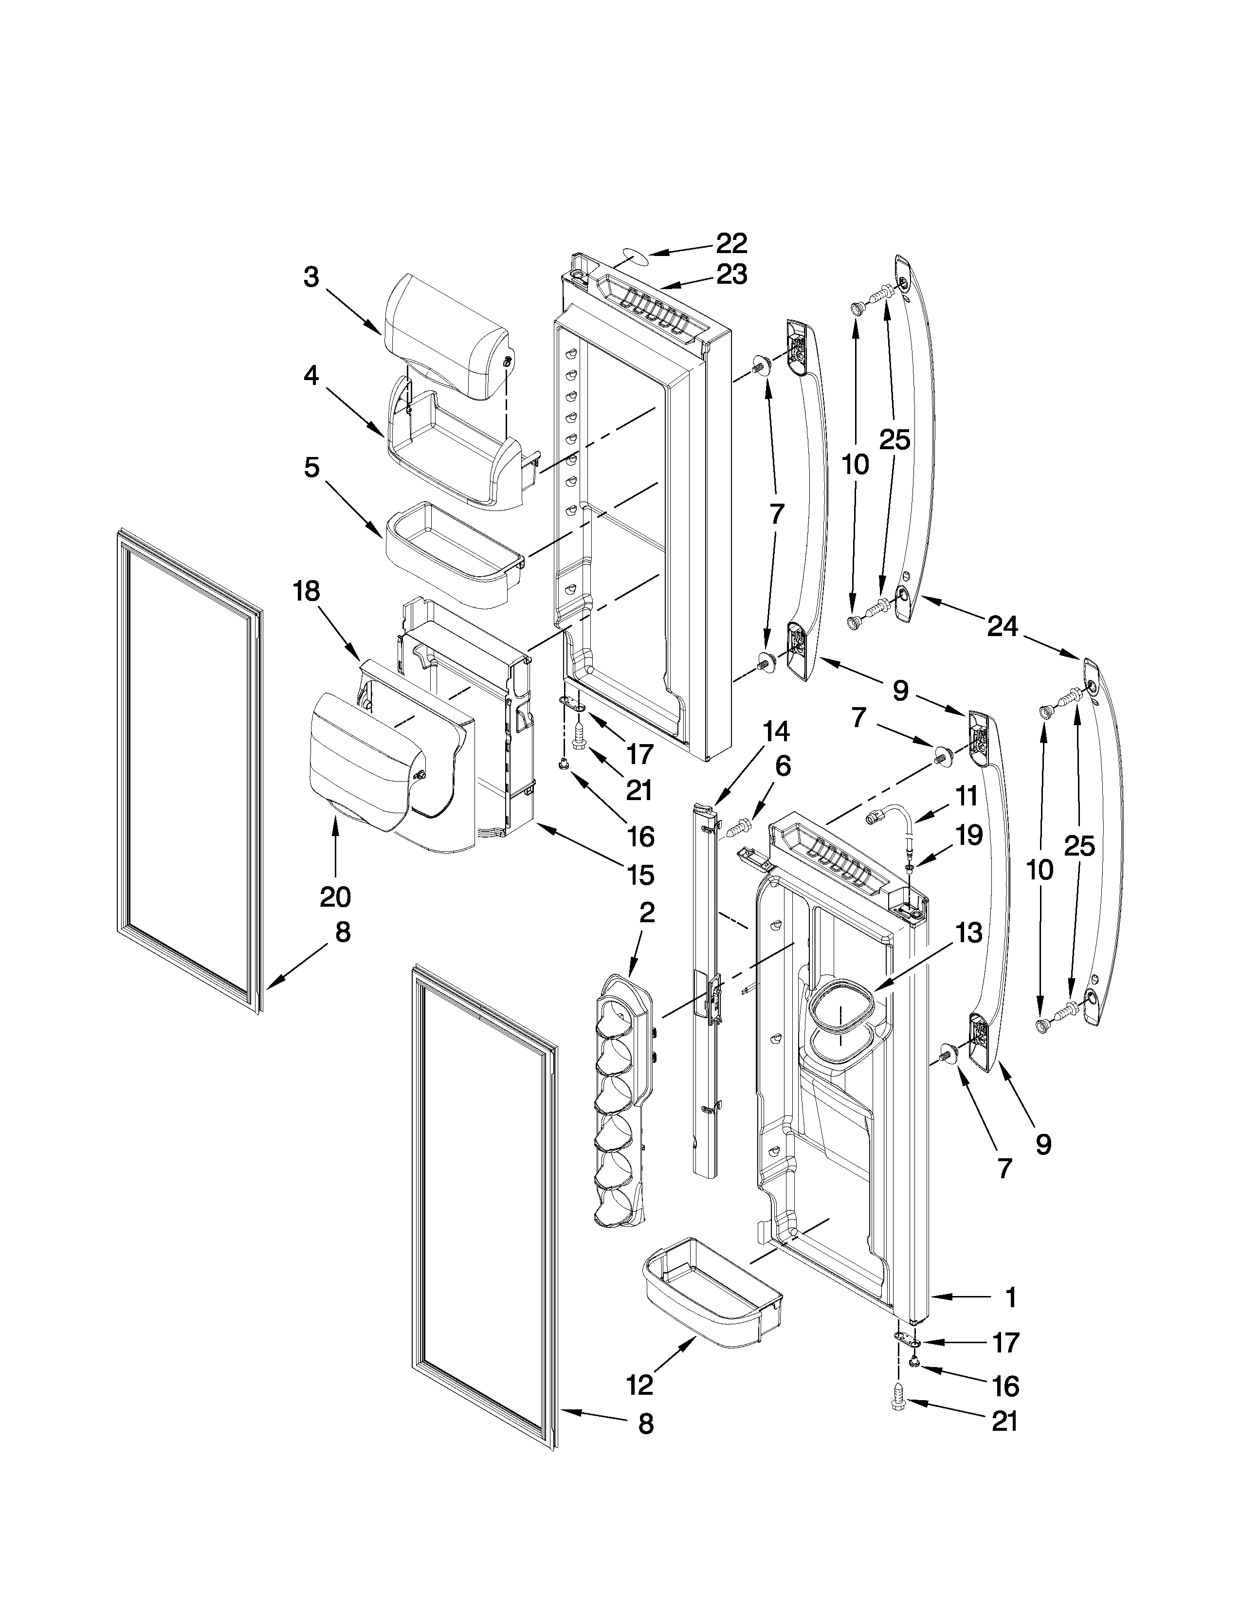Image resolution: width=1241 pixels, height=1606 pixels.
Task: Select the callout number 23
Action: tap(731, 275)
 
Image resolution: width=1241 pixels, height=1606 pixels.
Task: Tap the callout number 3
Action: tap(312, 278)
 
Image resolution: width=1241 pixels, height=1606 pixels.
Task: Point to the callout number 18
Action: tap(307, 592)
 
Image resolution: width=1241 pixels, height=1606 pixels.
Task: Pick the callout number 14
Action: tap(776, 731)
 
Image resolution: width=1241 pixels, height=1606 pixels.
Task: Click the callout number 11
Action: tap(967, 796)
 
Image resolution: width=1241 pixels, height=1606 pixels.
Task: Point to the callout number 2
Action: tap(646, 913)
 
